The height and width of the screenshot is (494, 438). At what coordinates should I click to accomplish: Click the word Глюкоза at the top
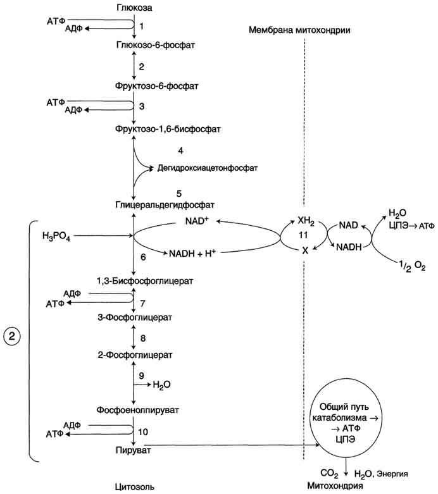pos(134,8)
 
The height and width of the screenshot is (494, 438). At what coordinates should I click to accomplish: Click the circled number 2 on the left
pos(15,336)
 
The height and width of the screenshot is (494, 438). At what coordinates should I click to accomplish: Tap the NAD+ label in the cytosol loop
pos(197,220)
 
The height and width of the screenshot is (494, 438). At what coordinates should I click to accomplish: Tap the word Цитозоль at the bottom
pos(134,486)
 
